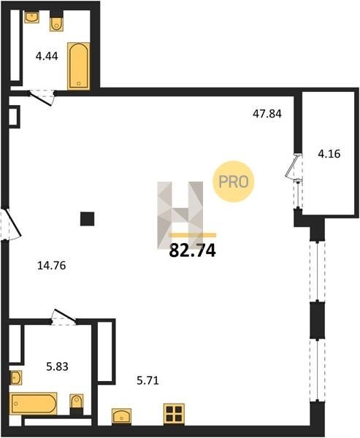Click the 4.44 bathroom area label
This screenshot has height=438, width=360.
point(47,56)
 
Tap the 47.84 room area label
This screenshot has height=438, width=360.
point(267,114)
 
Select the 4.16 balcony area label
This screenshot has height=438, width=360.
point(329,153)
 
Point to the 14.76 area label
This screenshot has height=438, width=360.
point(51,266)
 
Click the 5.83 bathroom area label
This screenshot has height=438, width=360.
point(57,366)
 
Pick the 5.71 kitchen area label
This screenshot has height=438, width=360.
point(148,380)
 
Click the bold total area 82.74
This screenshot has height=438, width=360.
point(193,250)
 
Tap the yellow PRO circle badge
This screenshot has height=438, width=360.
point(234,182)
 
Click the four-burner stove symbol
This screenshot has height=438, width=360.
point(174,414)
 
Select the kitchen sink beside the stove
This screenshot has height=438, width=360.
point(122,417)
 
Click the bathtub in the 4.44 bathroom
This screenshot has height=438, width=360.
point(79,66)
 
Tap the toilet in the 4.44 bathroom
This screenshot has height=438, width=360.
point(57,21)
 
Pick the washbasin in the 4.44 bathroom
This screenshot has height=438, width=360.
point(31,17)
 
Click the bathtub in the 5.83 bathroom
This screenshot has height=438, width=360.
point(34,404)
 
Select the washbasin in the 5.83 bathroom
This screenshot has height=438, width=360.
point(15,378)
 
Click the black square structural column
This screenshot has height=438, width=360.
point(87,219)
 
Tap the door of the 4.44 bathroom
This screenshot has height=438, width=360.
point(42,98)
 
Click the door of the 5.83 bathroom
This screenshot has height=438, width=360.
point(64,317)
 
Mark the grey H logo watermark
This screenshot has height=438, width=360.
point(180,215)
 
